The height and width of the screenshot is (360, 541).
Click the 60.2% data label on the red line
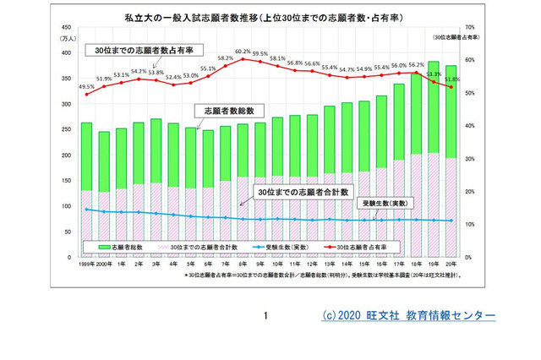[x=243, y=52]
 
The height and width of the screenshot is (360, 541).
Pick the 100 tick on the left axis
[x=66, y=205]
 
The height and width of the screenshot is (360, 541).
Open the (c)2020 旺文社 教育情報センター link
[x=409, y=315]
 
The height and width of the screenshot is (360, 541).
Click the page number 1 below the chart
[x=265, y=316]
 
